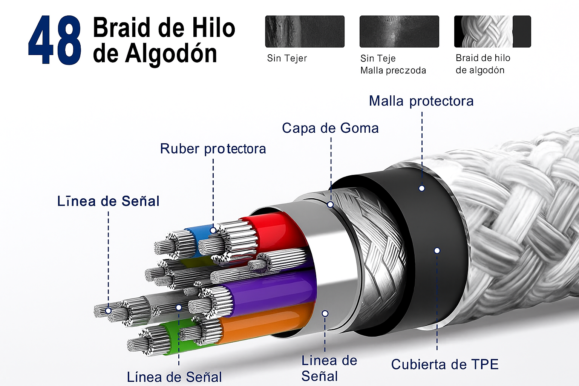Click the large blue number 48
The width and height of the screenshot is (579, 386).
click(x=55, y=40)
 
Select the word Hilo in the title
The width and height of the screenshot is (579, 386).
click(x=213, y=28)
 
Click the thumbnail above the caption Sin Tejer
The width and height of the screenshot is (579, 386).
click(x=305, y=31)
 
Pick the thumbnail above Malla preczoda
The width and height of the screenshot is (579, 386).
click(x=399, y=31)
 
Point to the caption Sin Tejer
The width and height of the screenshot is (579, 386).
click(x=287, y=58)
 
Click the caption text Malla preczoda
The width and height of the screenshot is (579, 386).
click(x=393, y=70)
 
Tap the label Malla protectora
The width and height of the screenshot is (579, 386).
click(x=421, y=101)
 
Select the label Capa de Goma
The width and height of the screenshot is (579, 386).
click(x=330, y=128)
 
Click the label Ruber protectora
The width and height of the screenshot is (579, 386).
click(x=213, y=149)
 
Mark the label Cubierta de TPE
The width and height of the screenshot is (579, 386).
click(x=445, y=365)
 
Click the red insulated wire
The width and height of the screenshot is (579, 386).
click(x=277, y=234)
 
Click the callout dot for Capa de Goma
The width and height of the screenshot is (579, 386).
click(x=330, y=204)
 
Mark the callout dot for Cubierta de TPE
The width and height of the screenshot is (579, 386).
click(x=437, y=250)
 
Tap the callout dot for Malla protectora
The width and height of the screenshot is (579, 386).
click(x=422, y=188)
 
